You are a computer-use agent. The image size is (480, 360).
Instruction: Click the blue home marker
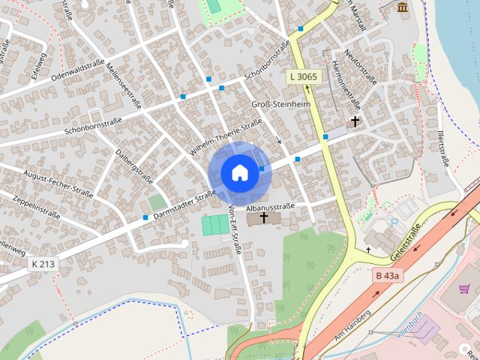(x=238, y=172)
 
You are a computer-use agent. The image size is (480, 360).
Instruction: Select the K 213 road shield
(x=43, y=264)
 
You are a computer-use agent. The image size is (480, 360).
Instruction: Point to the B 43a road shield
(x=387, y=276)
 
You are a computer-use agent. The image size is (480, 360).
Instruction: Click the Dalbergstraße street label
(x=135, y=165)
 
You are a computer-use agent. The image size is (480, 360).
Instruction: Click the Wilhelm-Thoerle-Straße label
(x=225, y=137)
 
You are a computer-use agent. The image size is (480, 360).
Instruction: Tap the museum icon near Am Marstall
(x=403, y=8)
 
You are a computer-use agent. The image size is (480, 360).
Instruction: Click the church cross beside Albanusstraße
(x=263, y=217)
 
